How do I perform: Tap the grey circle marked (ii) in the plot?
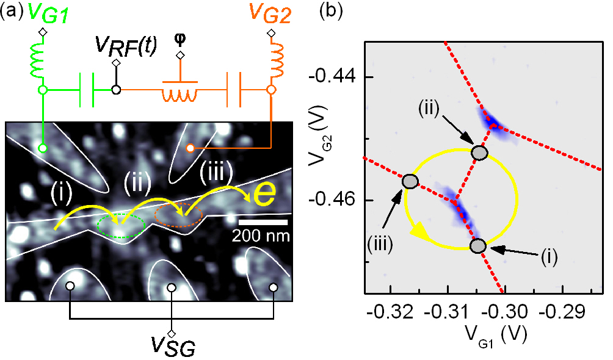point(480,152)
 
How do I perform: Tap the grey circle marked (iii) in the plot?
point(410,181)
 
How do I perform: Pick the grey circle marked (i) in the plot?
point(478,245)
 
